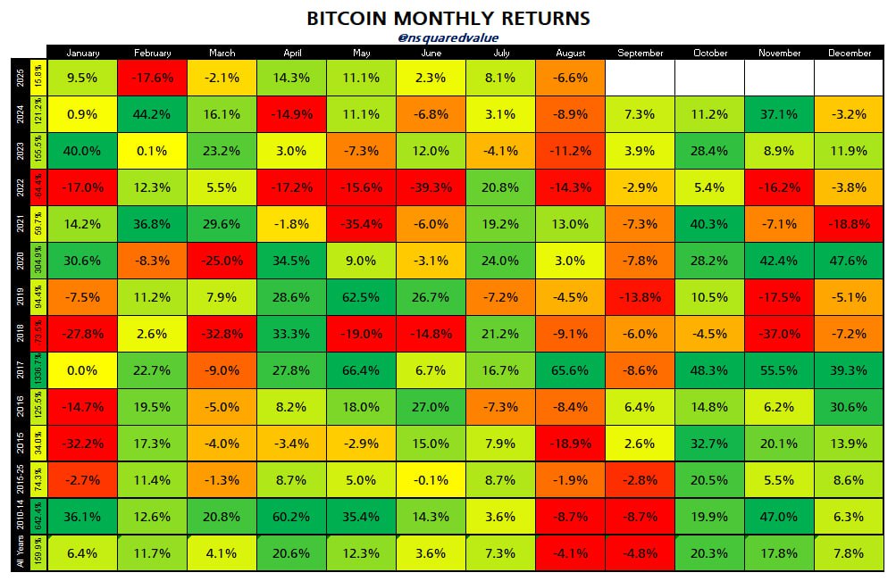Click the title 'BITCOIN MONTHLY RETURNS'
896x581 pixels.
tap(448, 18)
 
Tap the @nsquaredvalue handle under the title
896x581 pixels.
tap(448, 37)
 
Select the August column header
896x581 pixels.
tap(571, 53)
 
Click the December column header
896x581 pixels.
tap(850, 53)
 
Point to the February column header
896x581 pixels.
tap(152, 53)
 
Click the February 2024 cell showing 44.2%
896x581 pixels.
tap(152, 114)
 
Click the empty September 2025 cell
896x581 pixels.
tap(641, 78)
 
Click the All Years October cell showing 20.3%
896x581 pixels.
tap(710, 552)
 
